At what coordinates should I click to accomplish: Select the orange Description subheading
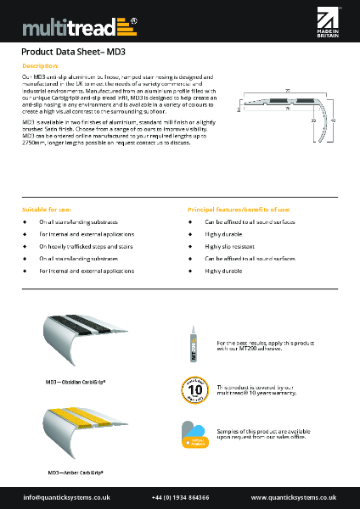click(40, 65)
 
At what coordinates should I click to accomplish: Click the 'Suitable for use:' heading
click(47, 208)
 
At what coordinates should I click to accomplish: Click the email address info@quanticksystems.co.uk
click(62, 497)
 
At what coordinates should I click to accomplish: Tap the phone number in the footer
click(181, 497)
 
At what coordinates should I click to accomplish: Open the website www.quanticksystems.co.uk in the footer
click(295, 497)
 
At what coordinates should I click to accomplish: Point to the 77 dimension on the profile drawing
click(288, 89)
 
